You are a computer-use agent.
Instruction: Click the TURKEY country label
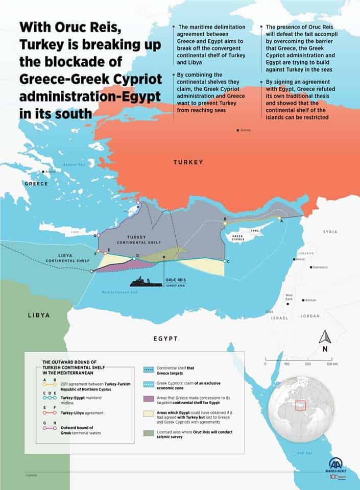pos(188,162)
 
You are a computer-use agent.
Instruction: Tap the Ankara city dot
pos(238,130)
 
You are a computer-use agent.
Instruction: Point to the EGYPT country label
pos(165,338)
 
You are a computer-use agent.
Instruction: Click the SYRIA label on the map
pos(330,232)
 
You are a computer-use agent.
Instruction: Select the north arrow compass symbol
pos(324,338)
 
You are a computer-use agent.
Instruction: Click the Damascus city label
pos(320,267)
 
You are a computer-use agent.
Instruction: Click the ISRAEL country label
pos(279,317)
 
